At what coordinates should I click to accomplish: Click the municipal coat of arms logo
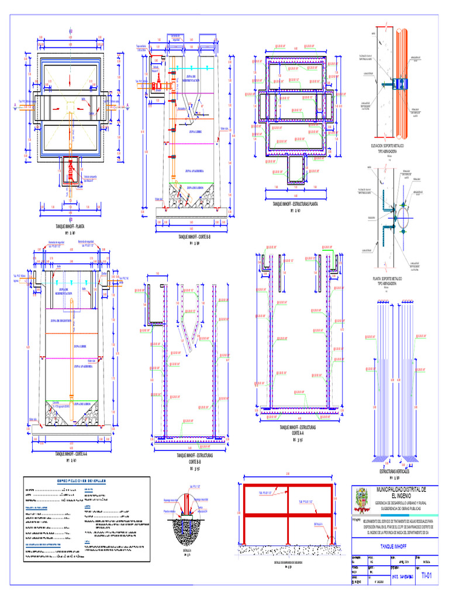click(x=362, y=501)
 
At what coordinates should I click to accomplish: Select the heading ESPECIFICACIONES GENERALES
click(x=81, y=481)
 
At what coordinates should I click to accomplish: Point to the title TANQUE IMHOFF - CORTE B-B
click(x=193, y=237)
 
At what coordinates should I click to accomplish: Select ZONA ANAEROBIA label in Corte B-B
click(x=194, y=171)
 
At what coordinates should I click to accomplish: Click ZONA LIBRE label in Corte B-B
click(x=195, y=133)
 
